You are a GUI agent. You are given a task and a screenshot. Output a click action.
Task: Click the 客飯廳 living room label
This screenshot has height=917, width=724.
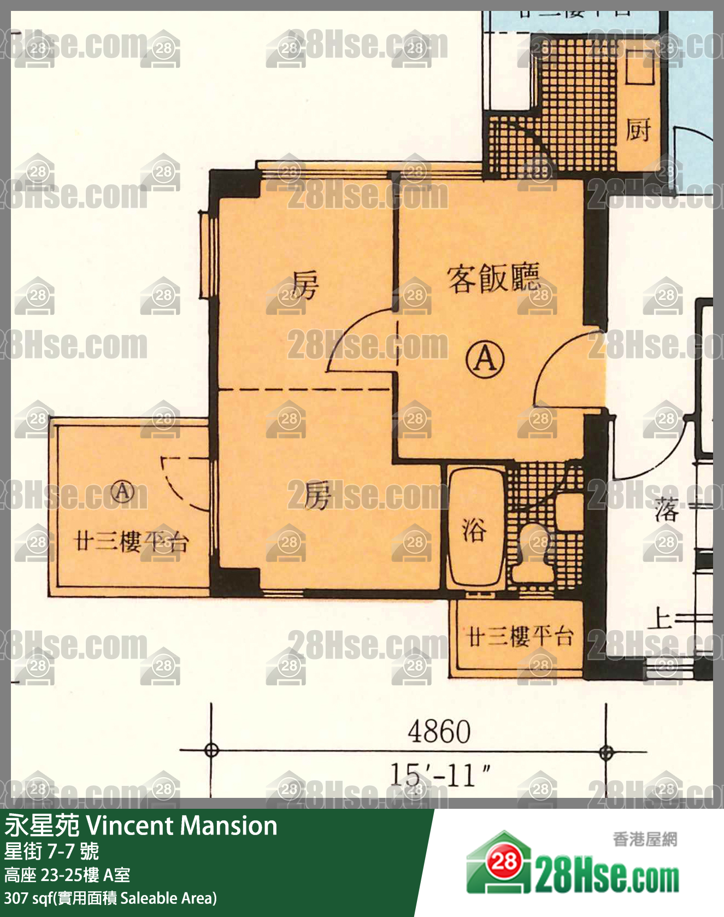tap(493, 279)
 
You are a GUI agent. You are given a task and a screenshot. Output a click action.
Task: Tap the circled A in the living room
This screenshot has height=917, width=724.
tap(485, 360)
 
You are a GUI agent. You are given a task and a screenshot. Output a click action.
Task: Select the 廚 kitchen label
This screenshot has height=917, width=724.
tap(638, 130)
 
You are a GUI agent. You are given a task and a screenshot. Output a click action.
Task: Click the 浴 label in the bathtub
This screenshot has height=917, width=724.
tap(473, 529)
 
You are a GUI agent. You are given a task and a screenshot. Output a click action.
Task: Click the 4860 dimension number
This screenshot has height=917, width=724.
tap(439, 732)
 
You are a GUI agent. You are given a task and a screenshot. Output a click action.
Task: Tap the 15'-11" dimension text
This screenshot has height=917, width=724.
tap(440, 774)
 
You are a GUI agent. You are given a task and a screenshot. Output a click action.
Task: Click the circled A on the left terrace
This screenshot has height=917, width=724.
tap(123, 491)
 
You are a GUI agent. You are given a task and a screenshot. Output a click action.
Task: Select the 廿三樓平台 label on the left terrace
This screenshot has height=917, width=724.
tap(131, 542)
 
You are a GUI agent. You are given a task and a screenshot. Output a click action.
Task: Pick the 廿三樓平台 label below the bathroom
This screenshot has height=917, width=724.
tap(520, 636)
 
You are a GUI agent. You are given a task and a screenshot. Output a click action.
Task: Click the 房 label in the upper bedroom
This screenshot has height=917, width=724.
tap(304, 285)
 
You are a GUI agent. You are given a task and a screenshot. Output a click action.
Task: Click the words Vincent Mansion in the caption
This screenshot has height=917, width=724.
tap(182, 826)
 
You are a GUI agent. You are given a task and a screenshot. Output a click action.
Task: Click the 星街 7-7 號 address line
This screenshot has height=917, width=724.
tap(52, 851)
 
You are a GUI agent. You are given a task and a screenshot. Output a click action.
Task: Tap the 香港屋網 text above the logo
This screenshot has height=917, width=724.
tap(645, 839)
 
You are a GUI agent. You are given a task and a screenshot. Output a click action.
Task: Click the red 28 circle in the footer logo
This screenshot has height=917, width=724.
tap(504, 862)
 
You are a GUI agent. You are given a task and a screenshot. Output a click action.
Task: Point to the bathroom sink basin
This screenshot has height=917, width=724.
tap(569, 511)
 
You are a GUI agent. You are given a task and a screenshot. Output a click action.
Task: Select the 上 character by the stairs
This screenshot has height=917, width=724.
tap(661, 619)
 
